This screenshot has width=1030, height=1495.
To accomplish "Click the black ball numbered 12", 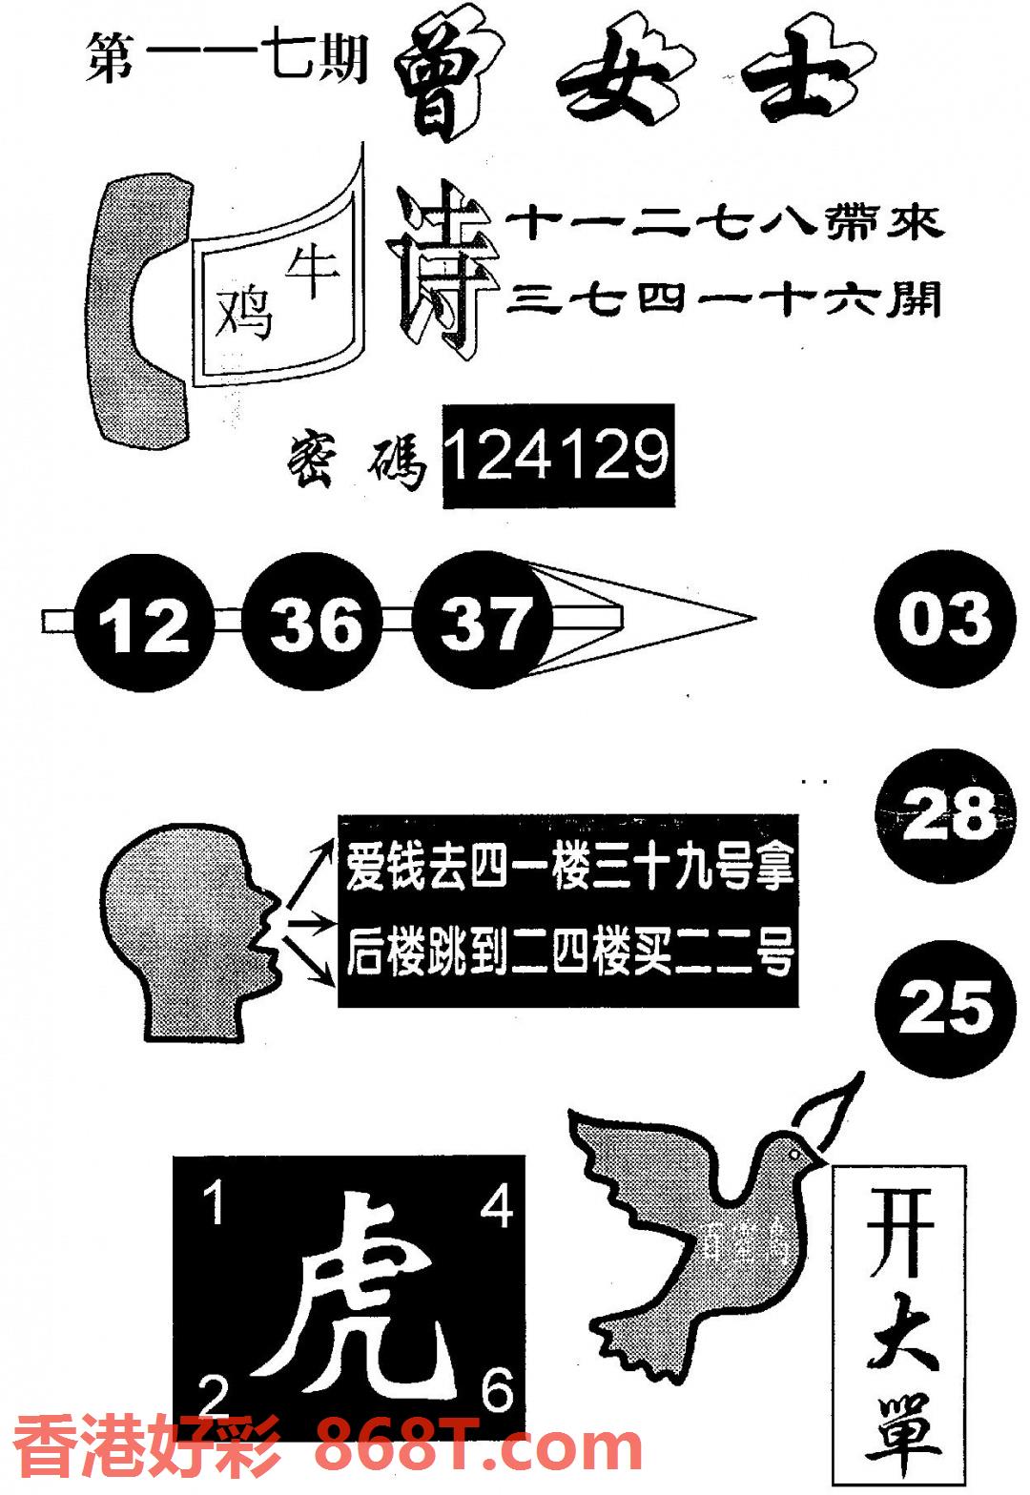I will pyautogui.click(x=143, y=625).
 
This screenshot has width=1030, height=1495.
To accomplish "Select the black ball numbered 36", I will pyautogui.click(x=315, y=625).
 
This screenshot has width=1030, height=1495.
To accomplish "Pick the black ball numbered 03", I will pyautogui.click(x=944, y=618).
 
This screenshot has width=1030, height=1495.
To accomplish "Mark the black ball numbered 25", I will pyautogui.click(x=944, y=1008).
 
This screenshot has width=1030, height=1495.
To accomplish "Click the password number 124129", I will pyautogui.click(x=558, y=455).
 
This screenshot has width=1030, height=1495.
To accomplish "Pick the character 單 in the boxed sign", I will pyautogui.click(x=901, y=1435).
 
